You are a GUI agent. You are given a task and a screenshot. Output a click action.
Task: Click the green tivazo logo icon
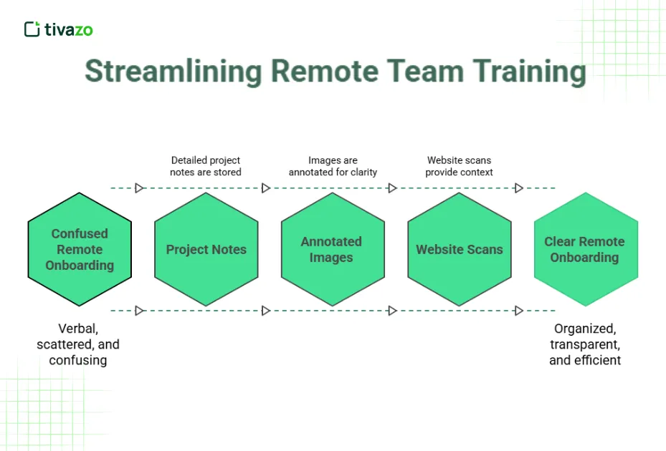(x=32, y=29)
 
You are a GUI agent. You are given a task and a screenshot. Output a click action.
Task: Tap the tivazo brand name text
(x=69, y=29)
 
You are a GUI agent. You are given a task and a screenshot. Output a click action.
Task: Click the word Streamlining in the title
(x=173, y=72)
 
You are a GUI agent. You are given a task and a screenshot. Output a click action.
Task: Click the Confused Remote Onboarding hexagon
(x=80, y=249)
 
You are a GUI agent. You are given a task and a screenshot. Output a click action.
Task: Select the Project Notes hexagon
(x=206, y=249)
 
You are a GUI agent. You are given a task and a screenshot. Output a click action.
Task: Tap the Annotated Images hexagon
(x=333, y=249)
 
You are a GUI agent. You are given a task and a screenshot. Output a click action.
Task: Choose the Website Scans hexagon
(x=460, y=249)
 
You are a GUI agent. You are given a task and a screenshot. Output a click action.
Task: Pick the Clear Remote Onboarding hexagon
(x=586, y=249)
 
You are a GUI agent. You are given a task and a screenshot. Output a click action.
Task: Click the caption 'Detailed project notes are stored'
(x=206, y=166)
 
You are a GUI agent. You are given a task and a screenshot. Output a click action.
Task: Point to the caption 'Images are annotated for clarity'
(x=333, y=166)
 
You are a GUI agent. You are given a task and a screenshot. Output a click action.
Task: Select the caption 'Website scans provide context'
(x=459, y=166)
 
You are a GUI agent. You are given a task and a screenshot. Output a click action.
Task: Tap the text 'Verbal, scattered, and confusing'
(x=78, y=344)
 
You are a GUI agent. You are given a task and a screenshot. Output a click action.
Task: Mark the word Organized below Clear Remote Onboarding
(x=584, y=329)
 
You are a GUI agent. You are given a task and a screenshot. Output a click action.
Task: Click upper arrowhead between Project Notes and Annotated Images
(x=266, y=188)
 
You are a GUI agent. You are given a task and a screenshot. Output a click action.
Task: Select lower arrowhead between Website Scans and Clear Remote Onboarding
(x=518, y=311)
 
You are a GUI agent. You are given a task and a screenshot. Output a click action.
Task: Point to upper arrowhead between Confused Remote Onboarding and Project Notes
(x=140, y=188)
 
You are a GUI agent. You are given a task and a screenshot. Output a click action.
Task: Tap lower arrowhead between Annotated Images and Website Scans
(x=392, y=311)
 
